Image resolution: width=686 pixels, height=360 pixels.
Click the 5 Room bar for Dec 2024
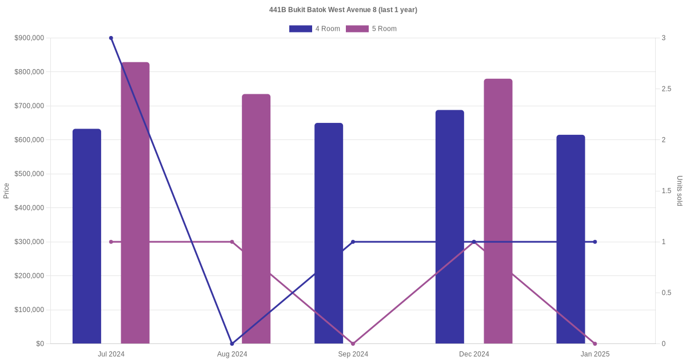(498, 211)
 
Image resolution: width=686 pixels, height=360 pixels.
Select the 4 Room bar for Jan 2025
(571, 239)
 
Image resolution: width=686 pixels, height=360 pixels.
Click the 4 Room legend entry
(314, 29)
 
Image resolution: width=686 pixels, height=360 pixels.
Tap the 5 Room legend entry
(371, 29)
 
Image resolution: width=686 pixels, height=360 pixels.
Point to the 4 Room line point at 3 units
(111, 38)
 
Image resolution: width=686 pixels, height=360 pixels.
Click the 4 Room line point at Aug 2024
(232, 343)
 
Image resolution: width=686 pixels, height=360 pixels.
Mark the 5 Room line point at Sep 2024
(353, 343)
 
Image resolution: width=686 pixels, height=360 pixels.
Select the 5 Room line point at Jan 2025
(595, 343)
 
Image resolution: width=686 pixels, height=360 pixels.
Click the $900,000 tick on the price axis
(29, 38)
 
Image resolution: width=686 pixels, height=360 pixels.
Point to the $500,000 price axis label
(29, 174)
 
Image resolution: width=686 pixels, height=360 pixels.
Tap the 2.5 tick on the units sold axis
(667, 89)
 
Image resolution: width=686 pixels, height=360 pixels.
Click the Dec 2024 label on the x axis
(474, 354)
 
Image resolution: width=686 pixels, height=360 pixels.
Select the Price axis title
(6, 191)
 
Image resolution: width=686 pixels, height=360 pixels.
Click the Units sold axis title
(680, 191)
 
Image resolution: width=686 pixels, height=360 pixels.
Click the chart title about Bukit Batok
(343, 10)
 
